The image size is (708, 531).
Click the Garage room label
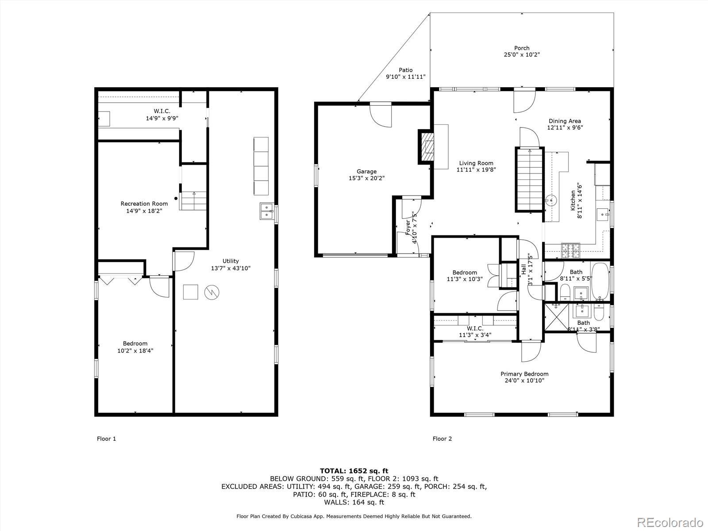click(366, 172)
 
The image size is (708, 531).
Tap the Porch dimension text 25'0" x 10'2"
click(522, 54)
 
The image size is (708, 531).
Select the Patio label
click(405, 70)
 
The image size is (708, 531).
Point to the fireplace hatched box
click(426, 147)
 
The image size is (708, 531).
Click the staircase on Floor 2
click(530, 179)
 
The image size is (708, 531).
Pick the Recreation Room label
click(144, 204)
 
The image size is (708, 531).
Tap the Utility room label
click(231, 261)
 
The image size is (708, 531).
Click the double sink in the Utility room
click(267, 211)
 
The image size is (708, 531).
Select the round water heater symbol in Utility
click(212, 292)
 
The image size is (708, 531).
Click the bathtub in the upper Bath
click(600, 281)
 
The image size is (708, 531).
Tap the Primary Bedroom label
click(524, 374)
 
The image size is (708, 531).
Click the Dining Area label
click(565, 121)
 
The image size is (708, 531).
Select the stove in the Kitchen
click(570, 250)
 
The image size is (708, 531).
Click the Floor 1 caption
click(107, 439)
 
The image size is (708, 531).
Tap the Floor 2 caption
click(442, 439)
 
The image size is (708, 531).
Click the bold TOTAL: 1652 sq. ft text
click(354, 471)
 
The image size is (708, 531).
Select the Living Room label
click(476, 163)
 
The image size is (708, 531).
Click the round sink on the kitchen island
click(551, 200)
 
